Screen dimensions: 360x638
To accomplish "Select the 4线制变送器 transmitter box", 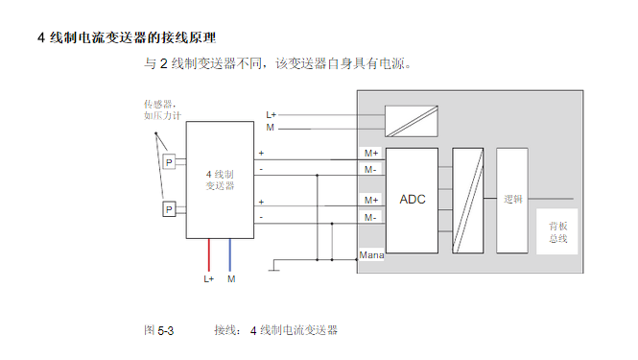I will (x=221, y=180).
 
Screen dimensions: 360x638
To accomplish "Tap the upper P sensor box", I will (x=169, y=162).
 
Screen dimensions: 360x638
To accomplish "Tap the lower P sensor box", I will (x=169, y=209).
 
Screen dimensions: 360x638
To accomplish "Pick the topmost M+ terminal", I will (x=370, y=153).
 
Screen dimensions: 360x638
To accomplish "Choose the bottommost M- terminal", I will (x=370, y=218).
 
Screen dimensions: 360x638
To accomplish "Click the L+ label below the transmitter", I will (x=209, y=279).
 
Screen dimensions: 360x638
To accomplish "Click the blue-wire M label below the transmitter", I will (x=231, y=279).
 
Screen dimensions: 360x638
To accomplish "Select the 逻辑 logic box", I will (x=512, y=200).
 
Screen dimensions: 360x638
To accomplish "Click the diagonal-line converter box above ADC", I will (x=411, y=122).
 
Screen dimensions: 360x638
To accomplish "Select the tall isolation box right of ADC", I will (x=468, y=200).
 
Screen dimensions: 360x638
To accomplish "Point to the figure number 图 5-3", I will (x=158, y=330).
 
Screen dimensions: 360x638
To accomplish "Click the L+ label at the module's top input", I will (x=272, y=115).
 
